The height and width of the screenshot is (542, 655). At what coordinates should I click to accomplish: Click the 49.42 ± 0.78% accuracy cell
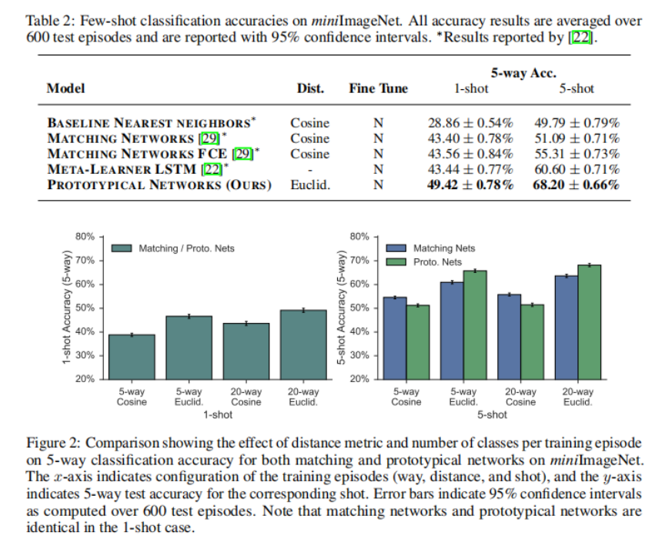point(470,185)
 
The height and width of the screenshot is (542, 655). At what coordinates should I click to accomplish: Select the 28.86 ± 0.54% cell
point(470,123)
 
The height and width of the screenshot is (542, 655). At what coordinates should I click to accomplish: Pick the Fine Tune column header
point(378,88)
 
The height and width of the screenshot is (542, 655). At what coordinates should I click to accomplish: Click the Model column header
point(65,88)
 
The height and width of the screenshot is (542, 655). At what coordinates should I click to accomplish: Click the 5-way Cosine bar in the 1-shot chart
point(132,357)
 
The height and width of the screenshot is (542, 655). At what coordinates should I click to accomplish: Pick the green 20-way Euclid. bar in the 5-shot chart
point(589,321)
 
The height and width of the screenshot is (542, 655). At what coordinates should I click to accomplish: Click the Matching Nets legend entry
point(444,248)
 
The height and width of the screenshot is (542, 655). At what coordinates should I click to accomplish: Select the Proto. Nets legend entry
point(437,262)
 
